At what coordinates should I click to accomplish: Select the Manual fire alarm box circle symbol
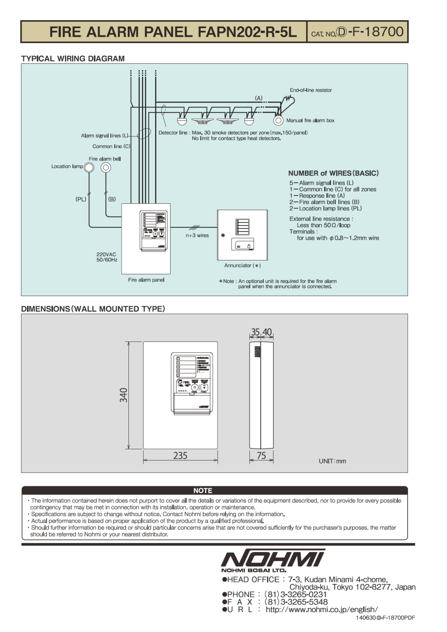pyautogui.click(x=278, y=120)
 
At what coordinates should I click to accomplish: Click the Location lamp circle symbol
pyautogui.click(x=89, y=167)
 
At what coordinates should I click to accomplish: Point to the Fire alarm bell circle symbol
pyautogui.click(x=106, y=167)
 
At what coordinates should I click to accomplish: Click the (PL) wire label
pyautogui.click(x=81, y=199)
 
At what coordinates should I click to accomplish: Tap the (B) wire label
pyautogui.click(x=112, y=199)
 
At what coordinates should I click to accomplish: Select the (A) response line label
pyautogui.click(x=258, y=98)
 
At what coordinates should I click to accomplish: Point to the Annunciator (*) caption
pyautogui.click(x=242, y=265)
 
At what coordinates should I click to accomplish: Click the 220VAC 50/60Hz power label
pyautogui.click(x=107, y=257)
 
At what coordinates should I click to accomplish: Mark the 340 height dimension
pyautogui.click(x=123, y=395)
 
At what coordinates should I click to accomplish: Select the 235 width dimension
pyautogui.click(x=180, y=456)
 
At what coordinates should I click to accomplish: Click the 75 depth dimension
pyautogui.click(x=261, y=456)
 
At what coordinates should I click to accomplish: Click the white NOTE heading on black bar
pyautogui.click(x=203, y=491)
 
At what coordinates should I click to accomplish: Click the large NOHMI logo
pyautogui.click(x=273, y=558)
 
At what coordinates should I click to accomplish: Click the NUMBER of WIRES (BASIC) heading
pyautogui.click(x=333, y=173)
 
